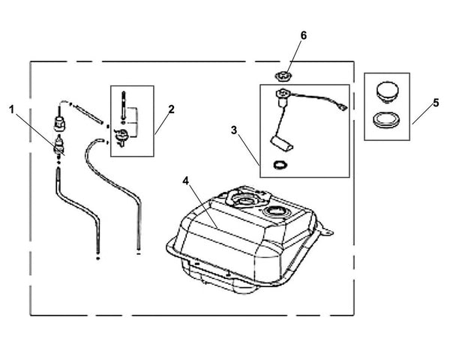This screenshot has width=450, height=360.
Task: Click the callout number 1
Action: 12,109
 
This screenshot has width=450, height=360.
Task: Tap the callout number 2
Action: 171,109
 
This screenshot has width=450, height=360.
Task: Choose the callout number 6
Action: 304,35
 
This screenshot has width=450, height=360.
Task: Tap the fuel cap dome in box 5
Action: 387,91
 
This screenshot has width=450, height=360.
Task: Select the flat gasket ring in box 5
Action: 387,118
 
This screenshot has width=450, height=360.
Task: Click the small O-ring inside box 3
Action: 279,165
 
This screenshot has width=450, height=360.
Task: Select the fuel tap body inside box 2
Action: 121,135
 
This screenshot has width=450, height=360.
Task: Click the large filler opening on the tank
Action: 244,200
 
